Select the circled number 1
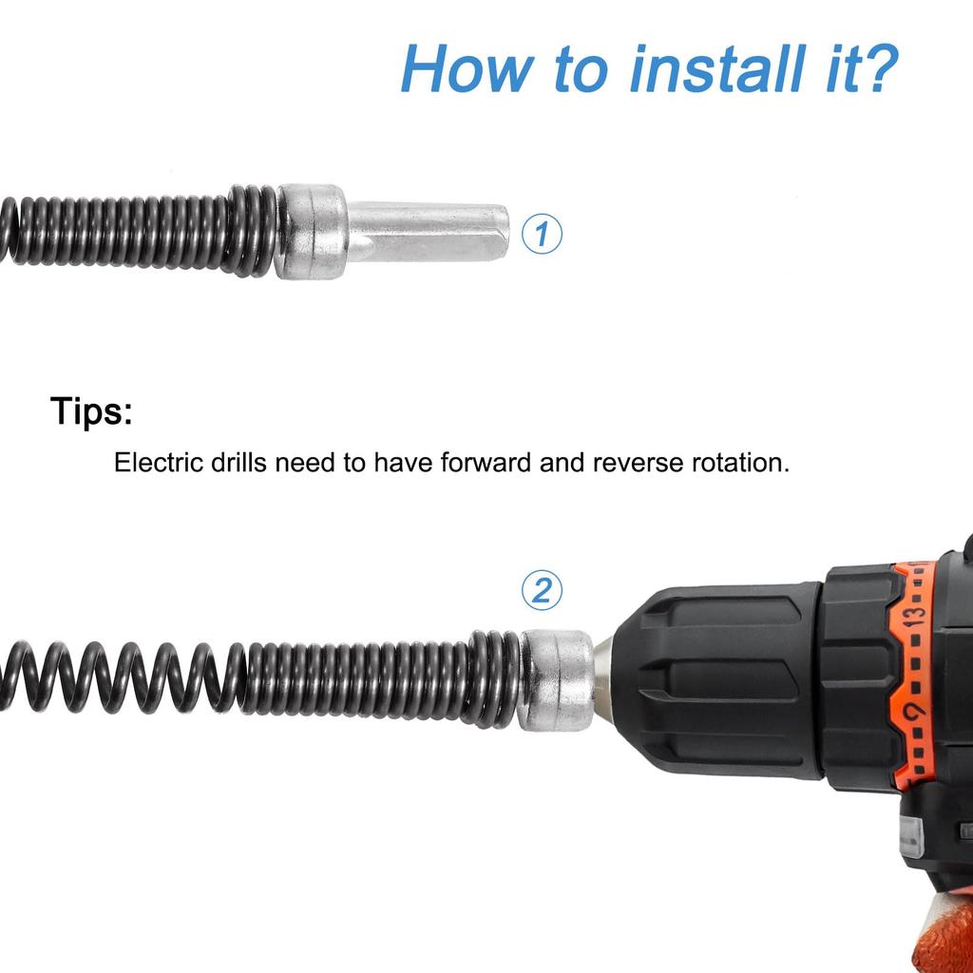543,234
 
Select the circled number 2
542,591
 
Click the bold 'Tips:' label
91,412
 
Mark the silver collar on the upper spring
312,232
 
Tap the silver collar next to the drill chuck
557,680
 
